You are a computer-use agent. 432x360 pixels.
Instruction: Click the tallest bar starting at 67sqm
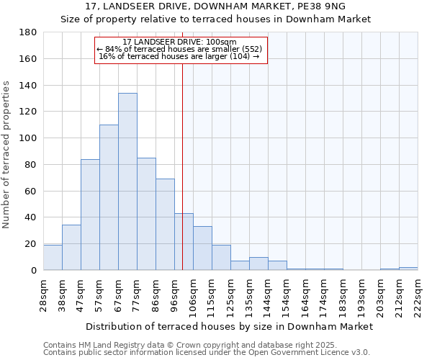127,181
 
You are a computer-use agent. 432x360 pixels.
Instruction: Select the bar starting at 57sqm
109,197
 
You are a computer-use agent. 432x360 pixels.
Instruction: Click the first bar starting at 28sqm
53,258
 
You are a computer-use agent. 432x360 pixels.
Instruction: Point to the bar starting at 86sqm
165,225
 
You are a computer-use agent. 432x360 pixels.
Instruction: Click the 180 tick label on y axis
28,32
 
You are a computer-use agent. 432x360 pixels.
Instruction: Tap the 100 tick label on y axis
28,138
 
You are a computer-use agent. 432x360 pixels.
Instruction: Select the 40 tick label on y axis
31,217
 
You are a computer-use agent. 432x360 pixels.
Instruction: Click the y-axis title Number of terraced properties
7,155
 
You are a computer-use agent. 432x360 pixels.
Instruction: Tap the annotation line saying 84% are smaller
180,49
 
